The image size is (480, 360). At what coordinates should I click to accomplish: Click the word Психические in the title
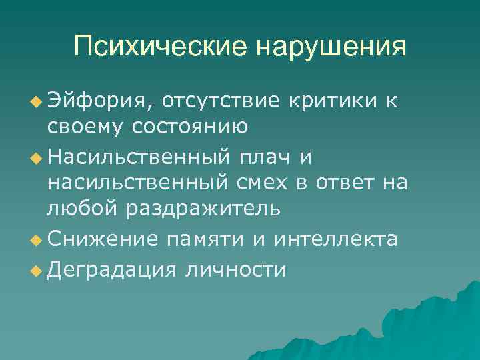[x=158, y=46]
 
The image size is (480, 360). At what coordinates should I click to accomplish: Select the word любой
[x=83, y=207]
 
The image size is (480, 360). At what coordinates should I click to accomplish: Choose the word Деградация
[x=111, y=269]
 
